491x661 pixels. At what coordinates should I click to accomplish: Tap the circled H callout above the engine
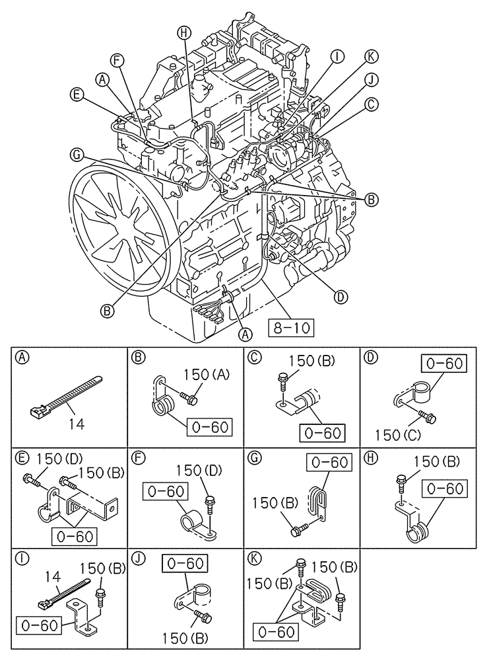coord(183,32)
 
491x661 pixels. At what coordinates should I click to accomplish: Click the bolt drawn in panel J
coord(201,620)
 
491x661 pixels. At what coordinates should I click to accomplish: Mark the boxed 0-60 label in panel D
coord(443,364)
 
